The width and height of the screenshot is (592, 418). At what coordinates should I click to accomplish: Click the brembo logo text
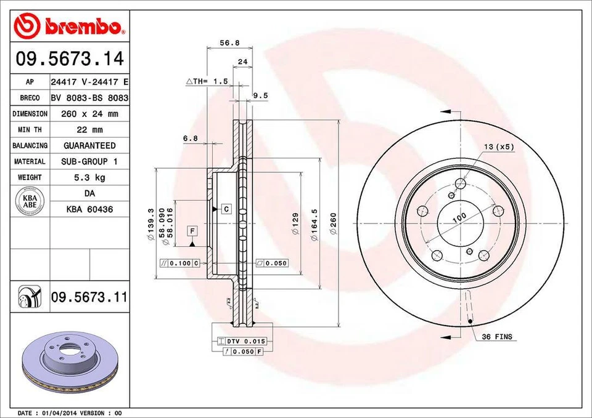pyautogui.click(x=83, y=26)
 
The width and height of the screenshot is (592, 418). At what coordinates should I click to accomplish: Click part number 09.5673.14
pyautogui.click(x=70, y=60)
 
